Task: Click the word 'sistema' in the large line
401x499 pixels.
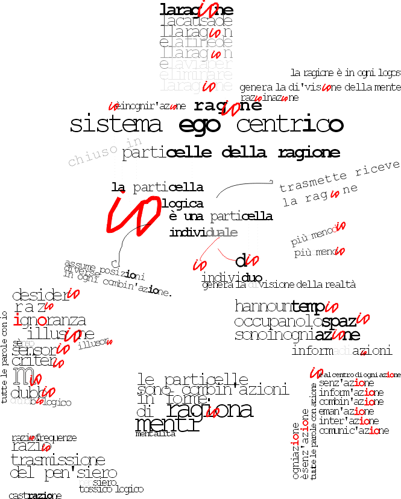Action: tap(116, 125)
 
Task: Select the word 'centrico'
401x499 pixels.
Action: tap(289, 125)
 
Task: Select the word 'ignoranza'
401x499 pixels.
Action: tap(49, 320)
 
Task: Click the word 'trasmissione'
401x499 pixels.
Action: tap(58, 460)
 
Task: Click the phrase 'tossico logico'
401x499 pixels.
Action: tap(112, 489)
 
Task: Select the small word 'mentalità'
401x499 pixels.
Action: tap(155, 434)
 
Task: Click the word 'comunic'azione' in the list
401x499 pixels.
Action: tap(354, 431)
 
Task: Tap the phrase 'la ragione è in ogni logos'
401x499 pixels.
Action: tap(345, 72)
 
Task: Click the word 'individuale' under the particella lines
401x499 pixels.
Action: tap(203, 232)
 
